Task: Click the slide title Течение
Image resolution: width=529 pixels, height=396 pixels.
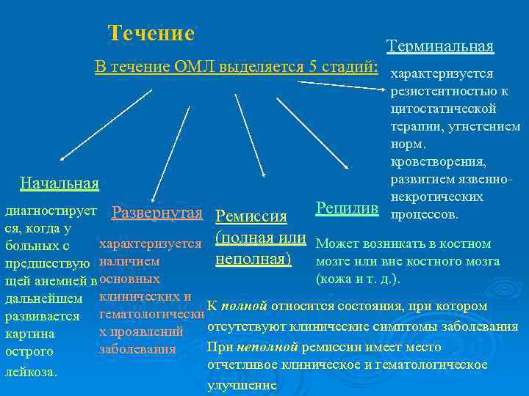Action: point(151,34)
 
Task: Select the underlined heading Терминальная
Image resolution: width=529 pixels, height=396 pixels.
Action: point(440,47)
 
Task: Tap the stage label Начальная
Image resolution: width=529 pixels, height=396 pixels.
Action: point(59,183)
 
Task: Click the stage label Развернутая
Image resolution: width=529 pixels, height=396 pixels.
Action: point(156,213)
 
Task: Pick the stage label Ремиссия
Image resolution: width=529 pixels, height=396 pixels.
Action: point(251,216)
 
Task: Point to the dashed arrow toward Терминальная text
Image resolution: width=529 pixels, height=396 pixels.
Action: point(345,86)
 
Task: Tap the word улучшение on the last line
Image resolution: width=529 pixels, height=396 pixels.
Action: point(242,385)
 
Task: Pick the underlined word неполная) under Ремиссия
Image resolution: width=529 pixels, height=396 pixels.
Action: point(253,259)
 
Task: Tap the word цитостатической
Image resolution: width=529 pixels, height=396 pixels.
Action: point(444,109)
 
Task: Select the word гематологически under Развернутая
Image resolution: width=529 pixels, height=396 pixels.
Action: point(151,315)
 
